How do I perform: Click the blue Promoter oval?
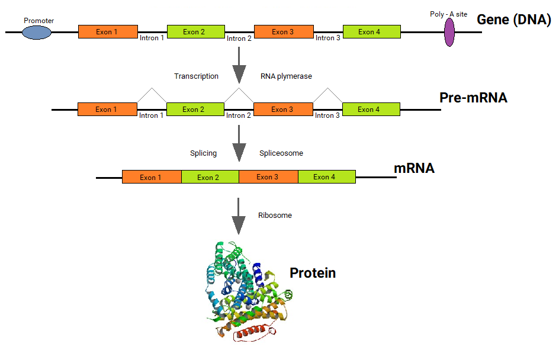click(x=37, y=33)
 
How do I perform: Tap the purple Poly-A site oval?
click(x=449, y=32)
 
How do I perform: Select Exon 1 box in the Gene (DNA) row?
click(x=108, y=32)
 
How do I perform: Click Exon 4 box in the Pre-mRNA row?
click(x=371, y=110)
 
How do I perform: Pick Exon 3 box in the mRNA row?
click(x=268, y=177)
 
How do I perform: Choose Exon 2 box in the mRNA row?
click(x=210, y=177)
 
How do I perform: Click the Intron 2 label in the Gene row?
click(x=239, y=38)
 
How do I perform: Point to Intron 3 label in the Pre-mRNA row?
click(x=327, y=115)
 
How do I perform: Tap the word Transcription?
click(x=196, y=76)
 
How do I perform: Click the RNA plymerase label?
click(x=286, y=76)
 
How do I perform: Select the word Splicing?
click(x=203, y=153)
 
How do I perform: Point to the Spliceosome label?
click(x=281, y=153)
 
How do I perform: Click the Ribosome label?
click(x=275, y=216)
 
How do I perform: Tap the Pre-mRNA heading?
click(x=473, y=98)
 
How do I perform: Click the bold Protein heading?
click(x=313, y=273)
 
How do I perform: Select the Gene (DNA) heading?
click(x=514, y=20)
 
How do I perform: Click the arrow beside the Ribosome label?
click(x=239, y=216)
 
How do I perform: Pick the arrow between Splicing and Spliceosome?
click(x=239, y=143)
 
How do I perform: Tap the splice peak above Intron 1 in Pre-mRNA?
click(x=152, y=88)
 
